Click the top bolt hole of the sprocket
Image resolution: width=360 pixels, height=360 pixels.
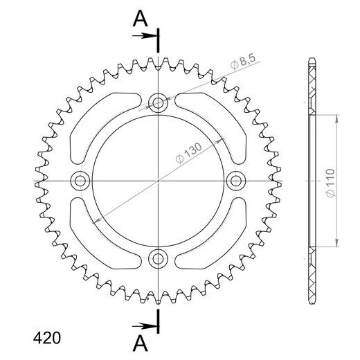click(x=159, y=104)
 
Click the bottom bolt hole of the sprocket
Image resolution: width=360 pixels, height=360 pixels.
click(x=159, y=259)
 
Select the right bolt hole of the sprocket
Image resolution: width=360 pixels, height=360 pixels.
click(x=237, y=181)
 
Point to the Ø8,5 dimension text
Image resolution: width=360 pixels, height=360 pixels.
click(x=243, y=64)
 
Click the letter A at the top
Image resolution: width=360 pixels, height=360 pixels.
click(x=139, y=21)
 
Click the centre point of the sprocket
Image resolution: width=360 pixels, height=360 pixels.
click(x=159, y=181)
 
